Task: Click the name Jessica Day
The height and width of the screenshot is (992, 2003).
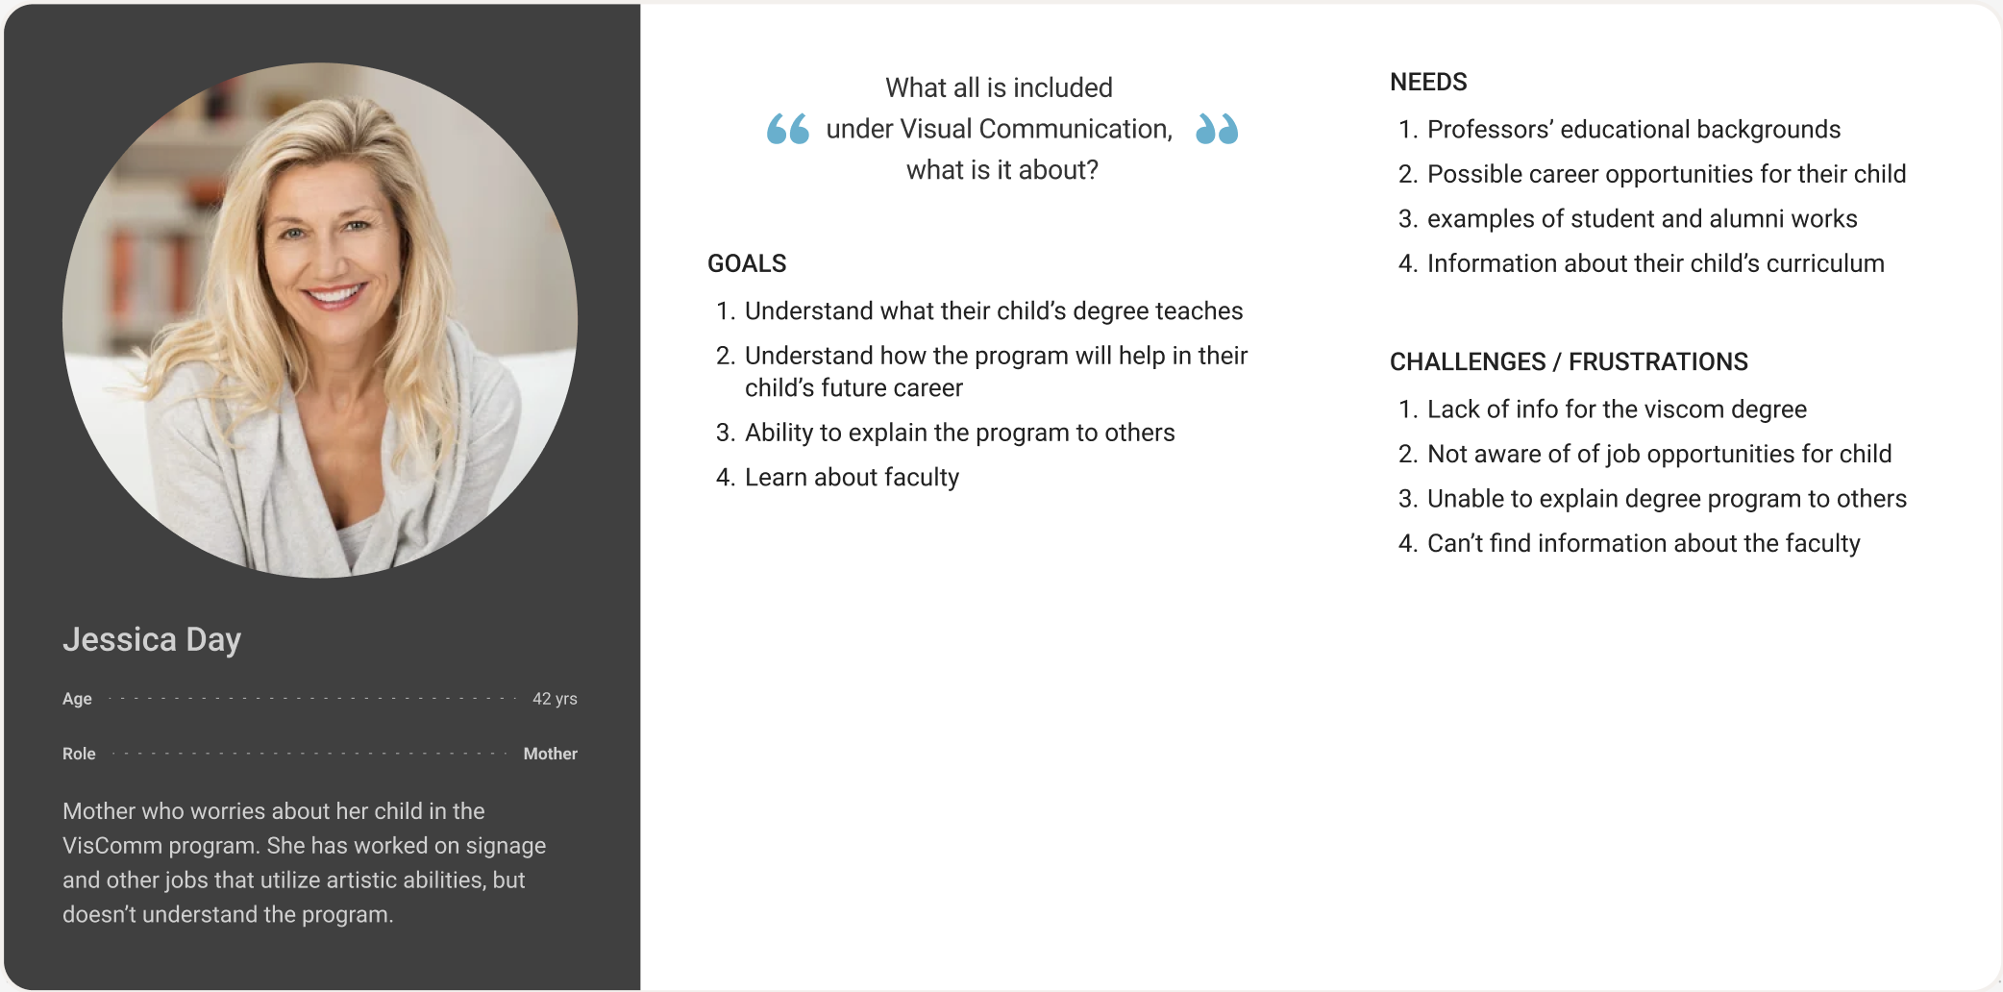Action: click(x=152, y=640)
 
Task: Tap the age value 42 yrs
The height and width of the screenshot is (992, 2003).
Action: click(x=555, y=699)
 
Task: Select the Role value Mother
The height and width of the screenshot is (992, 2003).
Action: click(x=550, y=754)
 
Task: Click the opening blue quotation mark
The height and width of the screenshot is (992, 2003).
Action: click(x=787, y=129)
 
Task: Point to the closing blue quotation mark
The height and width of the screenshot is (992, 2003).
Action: click(x=1217, y=129)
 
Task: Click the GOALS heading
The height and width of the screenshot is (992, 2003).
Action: click(x=747, y=263)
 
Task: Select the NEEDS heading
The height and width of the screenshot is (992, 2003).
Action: click(x=1428, y=82)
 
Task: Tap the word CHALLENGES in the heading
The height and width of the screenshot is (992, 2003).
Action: click(x=1468, y=361)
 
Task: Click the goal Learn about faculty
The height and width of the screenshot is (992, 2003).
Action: click(x=852, y=478)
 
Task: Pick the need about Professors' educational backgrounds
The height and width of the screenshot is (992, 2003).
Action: click(x=1634, y=130)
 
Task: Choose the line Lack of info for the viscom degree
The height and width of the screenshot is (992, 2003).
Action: click(x=1617, y=409)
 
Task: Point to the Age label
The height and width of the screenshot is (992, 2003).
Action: click(x=77, y=699)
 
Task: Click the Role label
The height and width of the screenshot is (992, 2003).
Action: click(x=79, y=754)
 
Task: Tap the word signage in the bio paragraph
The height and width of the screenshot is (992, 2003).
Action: click(x=506, y=847)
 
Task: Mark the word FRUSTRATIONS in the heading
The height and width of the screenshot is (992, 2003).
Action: click(x=1658, y=361)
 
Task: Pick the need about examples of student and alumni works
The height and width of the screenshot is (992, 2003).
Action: click(x=1643, y=219)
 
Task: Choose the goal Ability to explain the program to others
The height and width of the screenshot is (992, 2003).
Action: click(x=959, y=434)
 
